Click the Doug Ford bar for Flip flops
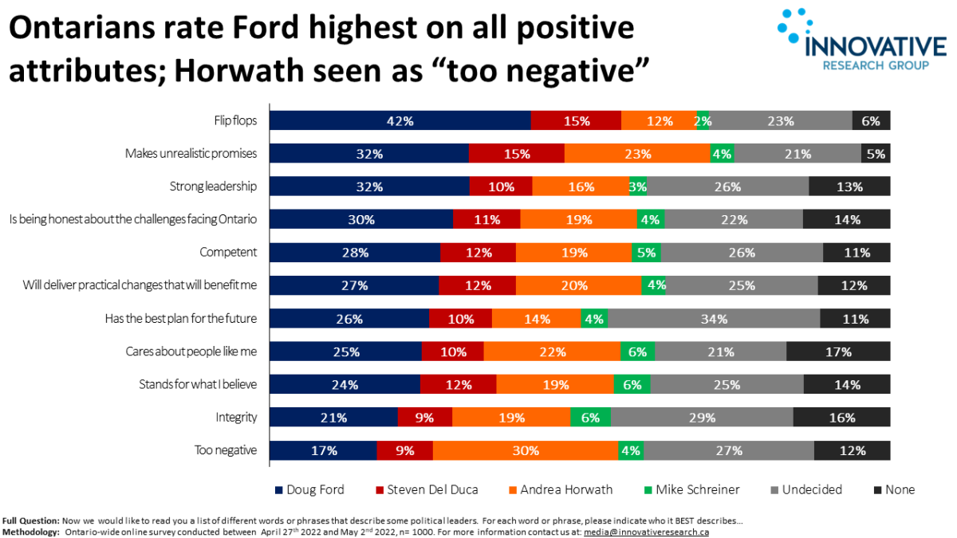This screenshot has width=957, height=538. coord(400,120)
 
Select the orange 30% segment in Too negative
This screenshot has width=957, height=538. coord(525,450)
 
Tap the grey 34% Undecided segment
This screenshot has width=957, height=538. coord(713,319)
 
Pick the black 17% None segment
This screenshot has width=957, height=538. coord(837,351)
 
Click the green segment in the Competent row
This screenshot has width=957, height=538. coord(645,253)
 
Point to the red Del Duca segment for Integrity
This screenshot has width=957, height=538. coord(424,418)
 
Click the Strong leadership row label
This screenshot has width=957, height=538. coord(213,187)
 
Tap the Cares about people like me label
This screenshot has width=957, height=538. coord(191,351)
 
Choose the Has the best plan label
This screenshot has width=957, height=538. coord(181,318)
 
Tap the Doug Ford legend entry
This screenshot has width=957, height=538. coord(313,489)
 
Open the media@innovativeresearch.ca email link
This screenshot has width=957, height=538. coord(646,532)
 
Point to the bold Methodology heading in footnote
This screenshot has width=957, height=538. coord(31,532)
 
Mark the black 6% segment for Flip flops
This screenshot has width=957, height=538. coord(870,120)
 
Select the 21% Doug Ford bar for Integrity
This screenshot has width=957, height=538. coord(333,418)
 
